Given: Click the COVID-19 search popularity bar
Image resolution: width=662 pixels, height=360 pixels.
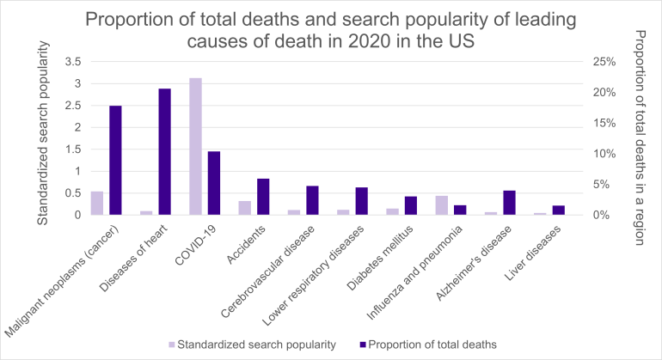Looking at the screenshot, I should tap(195, 146).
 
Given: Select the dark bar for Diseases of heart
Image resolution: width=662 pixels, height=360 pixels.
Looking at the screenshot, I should tap(165, 151).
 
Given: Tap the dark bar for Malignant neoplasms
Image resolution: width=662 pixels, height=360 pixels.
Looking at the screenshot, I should tap(115, 160).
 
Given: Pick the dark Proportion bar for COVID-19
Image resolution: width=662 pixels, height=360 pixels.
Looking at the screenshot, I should tap(214, 183).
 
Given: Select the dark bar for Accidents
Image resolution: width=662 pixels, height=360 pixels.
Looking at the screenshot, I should tap(264, 197).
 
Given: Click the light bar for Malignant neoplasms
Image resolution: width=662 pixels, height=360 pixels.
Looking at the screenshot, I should tap(96, 203).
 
